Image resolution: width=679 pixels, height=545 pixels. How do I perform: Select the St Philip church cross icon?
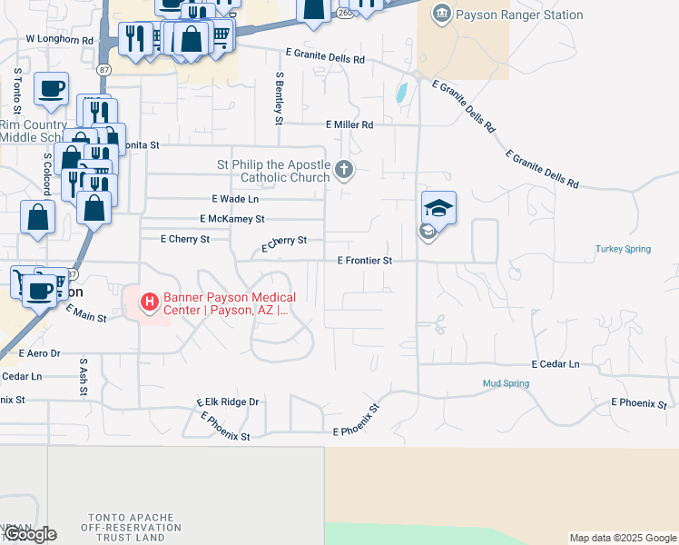(x=344, y=169)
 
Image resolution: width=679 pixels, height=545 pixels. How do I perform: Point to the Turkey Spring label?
(x=623, y=249)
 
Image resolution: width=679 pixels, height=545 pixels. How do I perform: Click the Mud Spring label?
(x=506, y=383)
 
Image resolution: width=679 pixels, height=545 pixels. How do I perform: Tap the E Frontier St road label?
(x=364, y=261)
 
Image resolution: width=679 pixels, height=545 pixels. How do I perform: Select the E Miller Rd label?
(x=349, y=124)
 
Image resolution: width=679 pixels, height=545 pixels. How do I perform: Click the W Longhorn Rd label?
(x=60, y=40)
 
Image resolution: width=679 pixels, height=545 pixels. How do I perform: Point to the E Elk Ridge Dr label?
(x=228, y=401)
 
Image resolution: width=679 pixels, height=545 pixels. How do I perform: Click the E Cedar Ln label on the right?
(x=556, y=364)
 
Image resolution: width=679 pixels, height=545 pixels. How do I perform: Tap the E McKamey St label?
(x=231, y=219)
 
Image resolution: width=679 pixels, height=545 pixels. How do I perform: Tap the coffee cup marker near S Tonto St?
(x=51, y=89)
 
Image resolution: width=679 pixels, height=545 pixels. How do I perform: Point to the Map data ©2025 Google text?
(x=623, y=538)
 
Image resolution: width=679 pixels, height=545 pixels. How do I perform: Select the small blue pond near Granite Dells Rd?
(x=401, y=92)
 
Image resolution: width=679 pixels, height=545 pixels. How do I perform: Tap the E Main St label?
(x=86, y=313)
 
